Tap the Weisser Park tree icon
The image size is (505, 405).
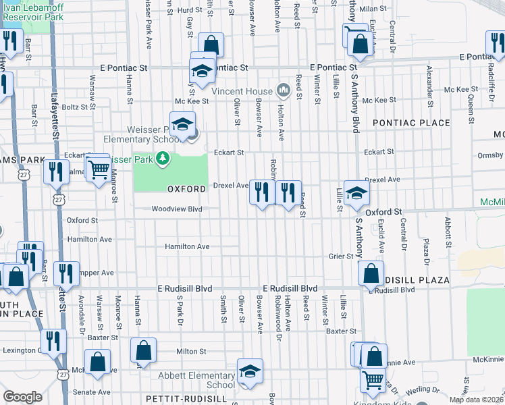point(162,159)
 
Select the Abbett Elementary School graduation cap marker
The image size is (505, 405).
point(250,371)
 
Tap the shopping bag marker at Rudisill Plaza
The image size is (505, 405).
point(371,274)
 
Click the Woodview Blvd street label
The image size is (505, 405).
point(177,209)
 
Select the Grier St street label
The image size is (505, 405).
point(341,256)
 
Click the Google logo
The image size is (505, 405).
point(22,397)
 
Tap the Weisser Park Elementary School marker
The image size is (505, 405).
point(182,124)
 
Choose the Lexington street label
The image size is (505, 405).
point(22,351)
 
